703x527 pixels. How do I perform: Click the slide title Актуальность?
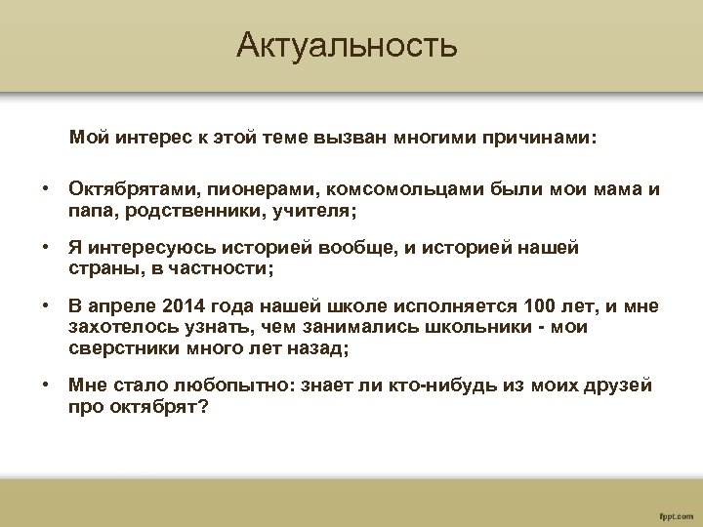click(346, 45)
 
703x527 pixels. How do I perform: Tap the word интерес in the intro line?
click(145, 139)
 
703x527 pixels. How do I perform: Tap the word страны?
click(102, 268)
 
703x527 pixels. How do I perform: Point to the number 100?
click(541, 307)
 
